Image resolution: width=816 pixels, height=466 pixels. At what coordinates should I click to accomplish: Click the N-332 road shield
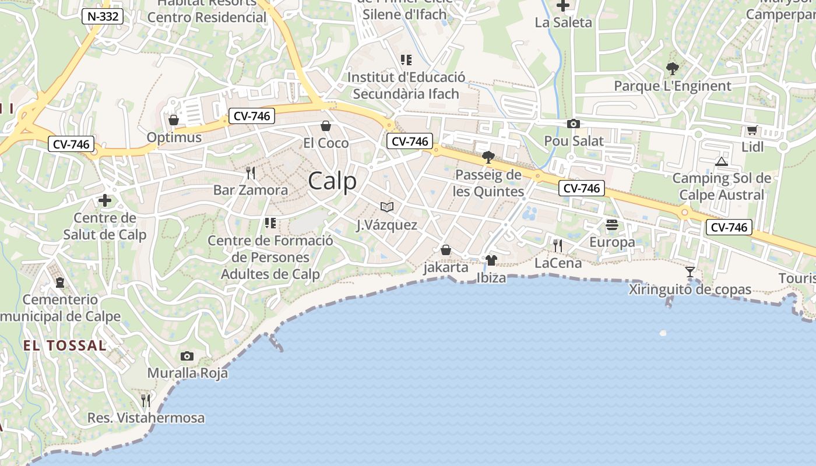[x=103, y=16]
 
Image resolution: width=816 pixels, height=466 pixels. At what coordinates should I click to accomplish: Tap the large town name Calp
[x=332, y=181]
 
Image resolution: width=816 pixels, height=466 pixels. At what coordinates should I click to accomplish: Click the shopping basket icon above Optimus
[x=173, y=121]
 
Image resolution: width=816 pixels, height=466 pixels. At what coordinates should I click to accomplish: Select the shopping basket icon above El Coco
[x=326, y=126]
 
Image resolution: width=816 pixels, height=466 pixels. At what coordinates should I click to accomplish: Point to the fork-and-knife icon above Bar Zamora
[x=251, y=173]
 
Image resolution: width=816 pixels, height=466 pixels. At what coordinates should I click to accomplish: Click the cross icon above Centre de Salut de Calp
[x=105, y=201]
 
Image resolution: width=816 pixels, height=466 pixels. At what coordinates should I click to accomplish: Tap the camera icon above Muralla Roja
[x=187, y=356]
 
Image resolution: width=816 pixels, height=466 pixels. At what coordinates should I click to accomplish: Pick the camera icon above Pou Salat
[x=574, y=123]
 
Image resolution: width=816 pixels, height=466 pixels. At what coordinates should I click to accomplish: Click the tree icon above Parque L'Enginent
[x=672, y=69]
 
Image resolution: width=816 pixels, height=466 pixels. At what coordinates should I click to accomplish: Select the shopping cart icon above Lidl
[x=752, y=130]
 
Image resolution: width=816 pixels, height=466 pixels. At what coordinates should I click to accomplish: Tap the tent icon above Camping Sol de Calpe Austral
[x=722, y=161]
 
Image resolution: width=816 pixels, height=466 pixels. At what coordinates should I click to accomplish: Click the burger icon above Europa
[x=612, y=225]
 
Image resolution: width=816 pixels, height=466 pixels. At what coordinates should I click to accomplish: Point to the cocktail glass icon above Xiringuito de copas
[x=690, y=272]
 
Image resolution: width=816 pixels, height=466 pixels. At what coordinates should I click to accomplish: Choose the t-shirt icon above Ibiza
[x=491, y=260]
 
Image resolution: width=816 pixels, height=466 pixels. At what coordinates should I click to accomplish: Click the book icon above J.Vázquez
[x=387, y=207]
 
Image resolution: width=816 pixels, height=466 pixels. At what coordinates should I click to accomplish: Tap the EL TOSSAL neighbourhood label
[x=65, y=345]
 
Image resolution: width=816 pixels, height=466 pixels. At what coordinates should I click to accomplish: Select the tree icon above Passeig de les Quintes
[x=488, y=157]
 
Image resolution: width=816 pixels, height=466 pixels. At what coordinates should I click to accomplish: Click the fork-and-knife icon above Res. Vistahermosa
[x=146, y=401]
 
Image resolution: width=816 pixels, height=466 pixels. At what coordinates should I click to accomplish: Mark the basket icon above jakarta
[x=446, y=250]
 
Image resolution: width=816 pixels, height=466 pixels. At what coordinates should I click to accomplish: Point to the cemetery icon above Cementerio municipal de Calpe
[x=60, y=283]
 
